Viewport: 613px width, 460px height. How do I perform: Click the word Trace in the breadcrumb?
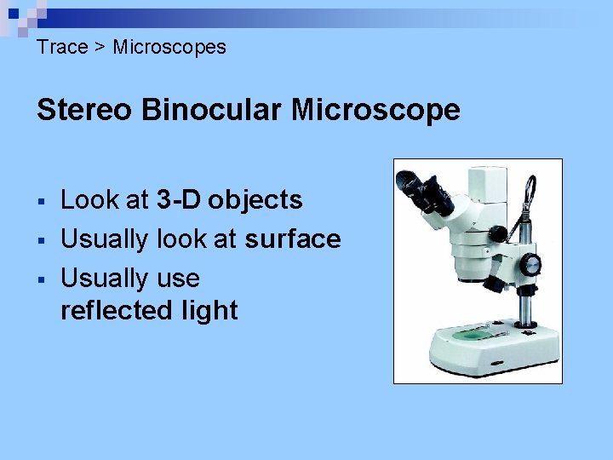[x=62, y=47]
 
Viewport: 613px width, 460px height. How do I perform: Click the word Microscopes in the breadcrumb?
[x=169, y=47]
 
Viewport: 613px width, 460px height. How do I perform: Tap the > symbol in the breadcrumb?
[x=100, y=48]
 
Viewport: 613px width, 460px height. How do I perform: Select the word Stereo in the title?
[x=83, y=110]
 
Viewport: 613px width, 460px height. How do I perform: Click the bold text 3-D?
[x=179, y=200]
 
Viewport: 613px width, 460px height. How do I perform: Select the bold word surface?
[x=292, y=239]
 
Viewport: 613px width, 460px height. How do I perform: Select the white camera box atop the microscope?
[x=489, y=181]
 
